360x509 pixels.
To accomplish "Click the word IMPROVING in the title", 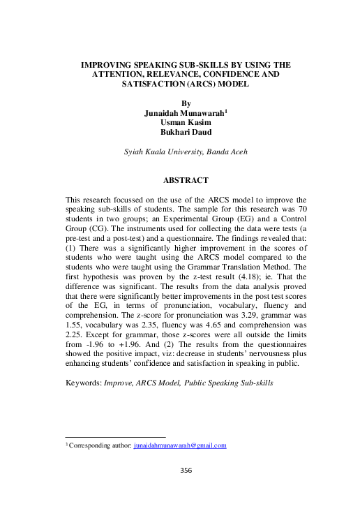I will click(110, 65).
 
